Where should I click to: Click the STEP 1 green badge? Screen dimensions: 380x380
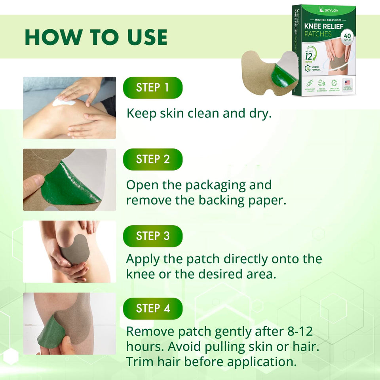pos(153,87)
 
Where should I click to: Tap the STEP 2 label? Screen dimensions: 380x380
pos(153,159)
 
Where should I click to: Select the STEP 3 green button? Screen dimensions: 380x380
pos(153,236)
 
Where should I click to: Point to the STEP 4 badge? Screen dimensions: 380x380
pos(153,308)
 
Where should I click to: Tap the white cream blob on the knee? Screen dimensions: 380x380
pos(64,103)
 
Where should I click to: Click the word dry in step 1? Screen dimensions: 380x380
pos(259,113)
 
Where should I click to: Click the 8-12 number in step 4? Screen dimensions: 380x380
pos(299,332)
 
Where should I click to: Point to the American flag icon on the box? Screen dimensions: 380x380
pos(348,82)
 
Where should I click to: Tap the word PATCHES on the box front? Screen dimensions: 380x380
pos(318,34)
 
